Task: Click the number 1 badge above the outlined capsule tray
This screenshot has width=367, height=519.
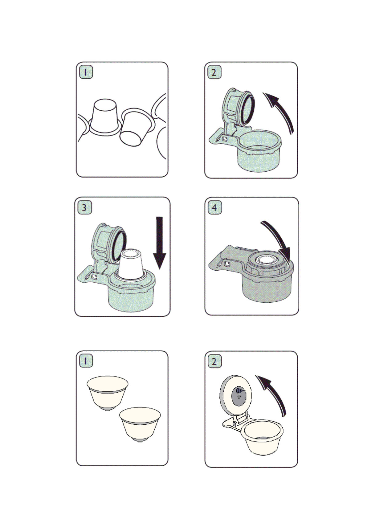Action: point(86,72)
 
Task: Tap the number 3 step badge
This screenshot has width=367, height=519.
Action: point(84,207)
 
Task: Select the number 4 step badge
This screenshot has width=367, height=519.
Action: point(214,207)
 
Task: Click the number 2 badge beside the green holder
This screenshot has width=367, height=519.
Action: point(214,72)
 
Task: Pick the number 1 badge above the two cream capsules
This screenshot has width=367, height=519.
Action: point(86,361)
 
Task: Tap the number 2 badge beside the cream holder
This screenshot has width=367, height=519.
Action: point(214,361)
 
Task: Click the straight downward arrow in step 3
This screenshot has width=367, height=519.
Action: point(159,243)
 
